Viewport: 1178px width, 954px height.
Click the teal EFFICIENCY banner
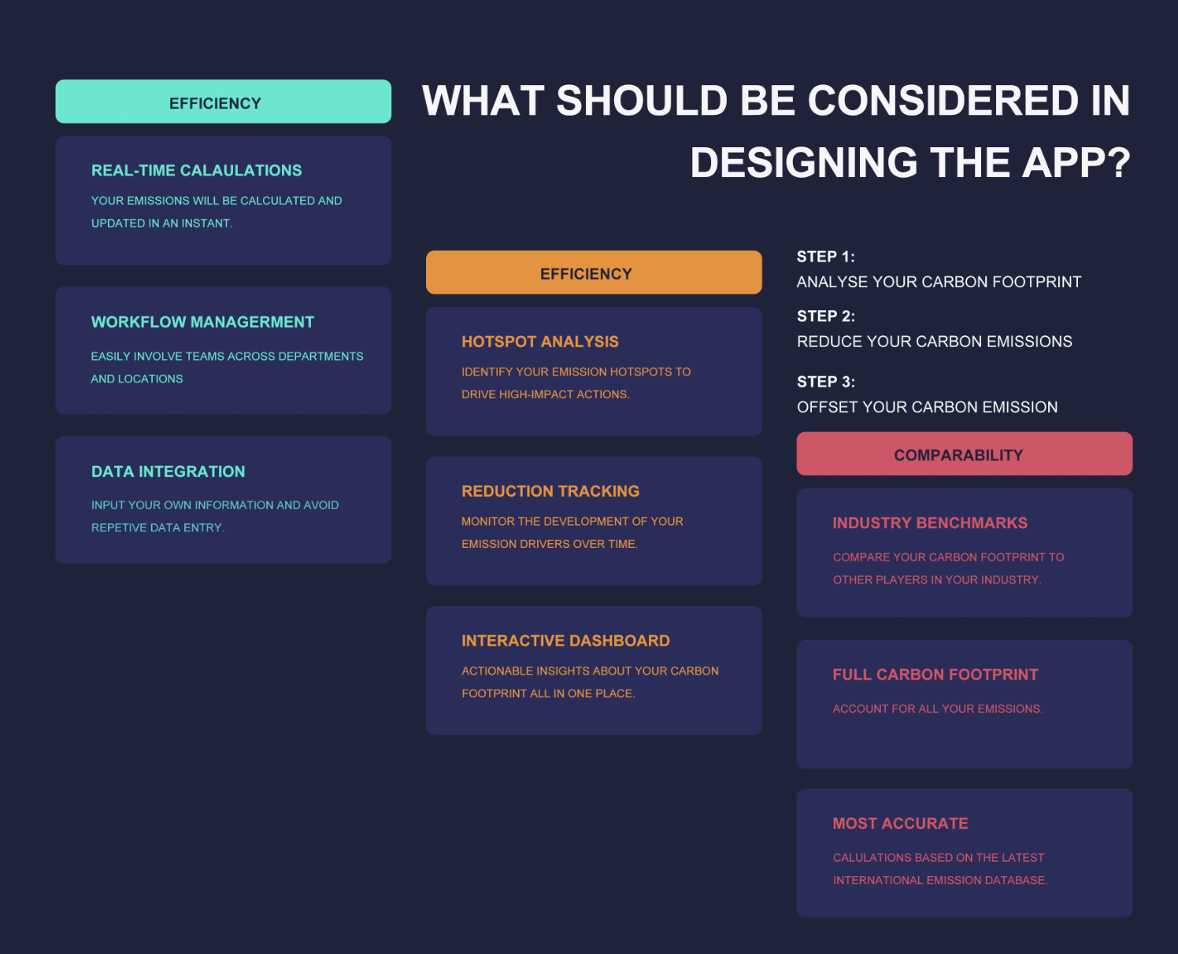pos(224,102)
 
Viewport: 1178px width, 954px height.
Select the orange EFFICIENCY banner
pos(594,272)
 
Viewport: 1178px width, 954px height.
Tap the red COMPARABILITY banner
pos(965,453)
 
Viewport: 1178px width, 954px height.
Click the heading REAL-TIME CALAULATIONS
pos(196,170)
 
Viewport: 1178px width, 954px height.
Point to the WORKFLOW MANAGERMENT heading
pos(202,322)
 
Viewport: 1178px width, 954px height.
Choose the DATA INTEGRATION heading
pos(169,471)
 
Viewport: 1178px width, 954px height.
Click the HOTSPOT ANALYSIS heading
pos(540,342)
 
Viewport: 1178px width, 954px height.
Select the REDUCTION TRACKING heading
pos(550,491)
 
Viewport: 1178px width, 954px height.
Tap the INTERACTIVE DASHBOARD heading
pos(566,641)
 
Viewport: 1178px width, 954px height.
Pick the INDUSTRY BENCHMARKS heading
pos(930,523)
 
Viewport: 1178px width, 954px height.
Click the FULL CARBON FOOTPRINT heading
pos(935,675)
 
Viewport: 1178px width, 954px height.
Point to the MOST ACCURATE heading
pos(900,823)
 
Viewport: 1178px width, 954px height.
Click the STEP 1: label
pos(826,257)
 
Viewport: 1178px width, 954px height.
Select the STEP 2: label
pos(826,316)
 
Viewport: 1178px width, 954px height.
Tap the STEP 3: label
pos(826,382)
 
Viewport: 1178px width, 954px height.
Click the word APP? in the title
pos(1076,162)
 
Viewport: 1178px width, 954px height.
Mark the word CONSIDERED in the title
pos(943,101)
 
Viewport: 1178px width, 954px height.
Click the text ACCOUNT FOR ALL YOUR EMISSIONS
pos(938,708)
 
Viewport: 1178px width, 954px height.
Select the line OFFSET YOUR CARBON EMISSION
pos(927,407)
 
